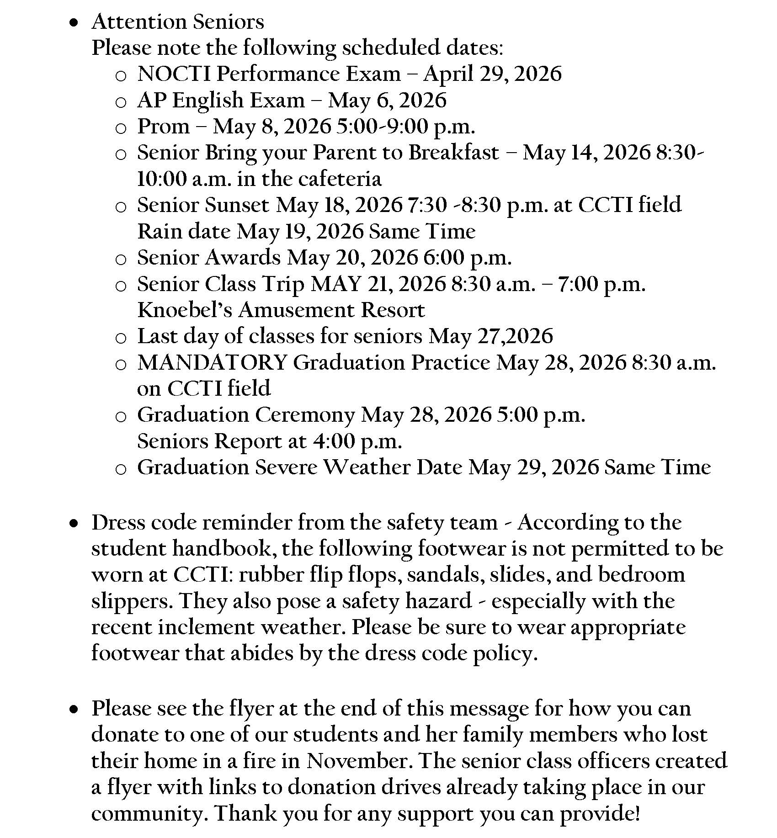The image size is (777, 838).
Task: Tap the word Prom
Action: tap(163, 127)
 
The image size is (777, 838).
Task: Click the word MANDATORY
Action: tap(212, 363)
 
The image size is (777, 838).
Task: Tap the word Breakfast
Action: tap(453, 153)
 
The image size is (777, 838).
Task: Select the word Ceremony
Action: tap(305, 415)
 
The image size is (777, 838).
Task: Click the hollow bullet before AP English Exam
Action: tap(121, 102)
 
